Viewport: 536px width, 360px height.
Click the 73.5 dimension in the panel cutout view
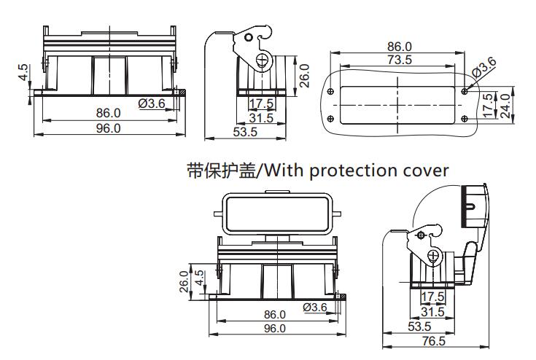pyautogui.click(x=398, y=60)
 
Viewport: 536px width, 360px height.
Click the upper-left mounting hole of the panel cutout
pyautogui.click(x=332, y=92)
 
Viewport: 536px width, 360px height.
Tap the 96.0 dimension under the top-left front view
pyautogui.click(x=107, y=128)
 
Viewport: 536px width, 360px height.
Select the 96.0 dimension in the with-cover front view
pyautogui.click(x=274, y=328)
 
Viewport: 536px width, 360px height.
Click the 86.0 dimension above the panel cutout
pyautogui.click(x=399, y=47)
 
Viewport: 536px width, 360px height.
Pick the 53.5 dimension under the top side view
pyautogui.click(x=244, y=132)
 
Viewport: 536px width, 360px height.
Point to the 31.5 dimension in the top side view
pyautogui.click(x=260, y=118)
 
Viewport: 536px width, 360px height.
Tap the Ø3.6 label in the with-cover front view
pyautogui.click(x=314, y=307)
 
